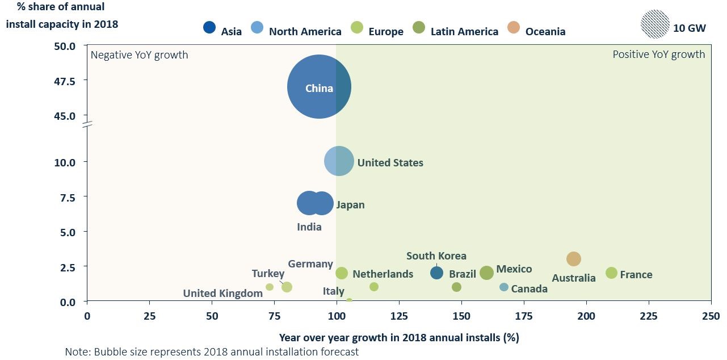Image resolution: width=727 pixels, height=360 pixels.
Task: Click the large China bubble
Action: (319, 87)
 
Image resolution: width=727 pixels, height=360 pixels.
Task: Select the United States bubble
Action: (339, 162)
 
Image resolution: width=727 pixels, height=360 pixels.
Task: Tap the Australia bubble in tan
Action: (574, 259)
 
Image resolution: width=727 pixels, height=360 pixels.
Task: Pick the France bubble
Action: (611, 273)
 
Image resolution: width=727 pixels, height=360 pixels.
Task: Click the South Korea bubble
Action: (436, 273)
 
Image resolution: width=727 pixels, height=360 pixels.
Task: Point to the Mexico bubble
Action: (486, 273)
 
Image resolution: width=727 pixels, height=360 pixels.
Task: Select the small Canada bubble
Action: (504, 287)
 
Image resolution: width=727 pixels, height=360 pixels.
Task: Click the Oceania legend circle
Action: (514, 28)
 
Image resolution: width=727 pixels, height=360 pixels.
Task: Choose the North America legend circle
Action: (257, 28)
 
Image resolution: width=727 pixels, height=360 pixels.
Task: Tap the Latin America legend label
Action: (464, 31)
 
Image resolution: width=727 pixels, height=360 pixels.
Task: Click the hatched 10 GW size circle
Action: (655, 24)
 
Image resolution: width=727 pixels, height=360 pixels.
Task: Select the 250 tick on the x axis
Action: (711, 316)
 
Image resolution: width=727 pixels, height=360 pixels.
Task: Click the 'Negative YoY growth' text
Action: (140, 55)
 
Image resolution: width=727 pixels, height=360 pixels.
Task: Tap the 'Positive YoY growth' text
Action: (658, 55)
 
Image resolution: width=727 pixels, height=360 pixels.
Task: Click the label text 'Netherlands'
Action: (383, 274)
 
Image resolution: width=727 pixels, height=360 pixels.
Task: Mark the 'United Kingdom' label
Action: (222, 294)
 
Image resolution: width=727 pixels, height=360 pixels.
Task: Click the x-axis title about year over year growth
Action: (399, 337)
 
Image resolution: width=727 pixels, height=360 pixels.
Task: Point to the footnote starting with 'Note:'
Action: (212, 352)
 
